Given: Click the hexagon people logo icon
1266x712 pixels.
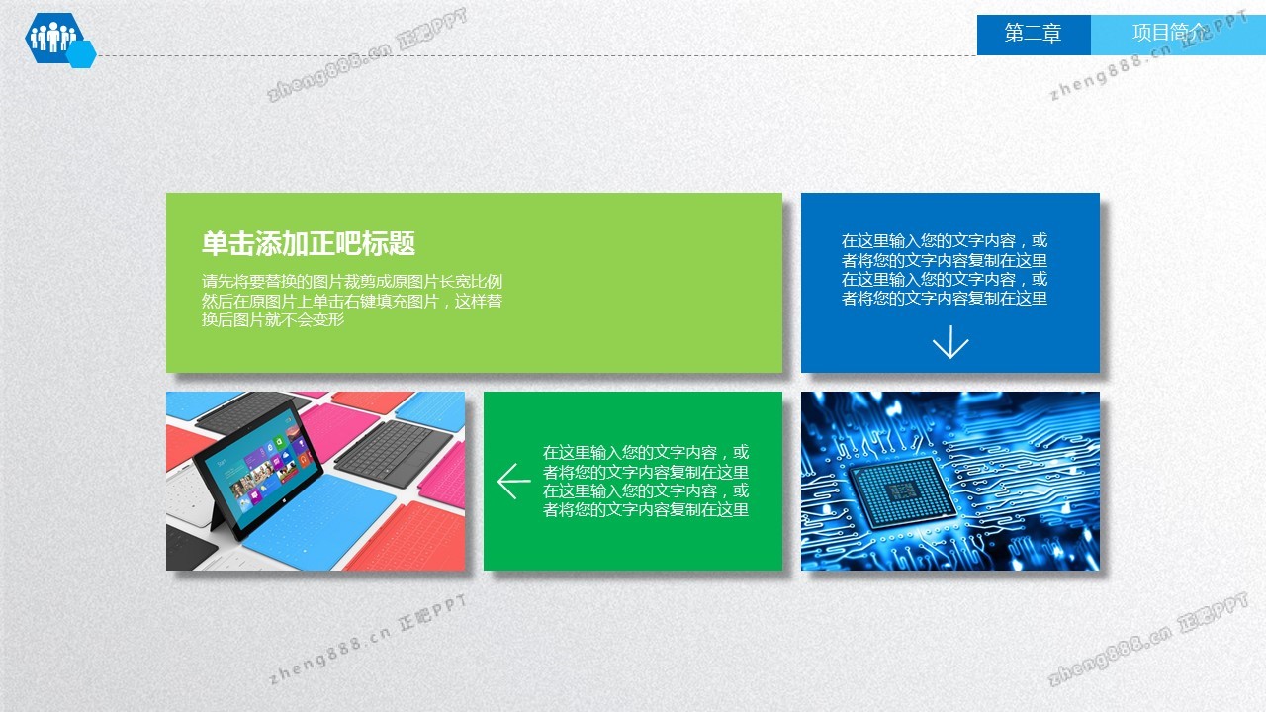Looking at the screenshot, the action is (54, 38).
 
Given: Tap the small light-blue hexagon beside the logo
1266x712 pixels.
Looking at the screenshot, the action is (82, 54).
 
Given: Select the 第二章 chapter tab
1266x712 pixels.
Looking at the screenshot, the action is (1034, 34).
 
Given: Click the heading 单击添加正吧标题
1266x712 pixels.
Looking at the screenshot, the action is (309, 243).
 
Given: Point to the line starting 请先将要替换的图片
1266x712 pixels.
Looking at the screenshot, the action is (351, 282).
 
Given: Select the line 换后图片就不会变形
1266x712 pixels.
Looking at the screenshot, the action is (273, 319).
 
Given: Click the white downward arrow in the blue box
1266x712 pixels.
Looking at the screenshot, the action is (950, 342).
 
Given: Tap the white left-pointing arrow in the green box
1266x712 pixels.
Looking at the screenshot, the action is (513, 482).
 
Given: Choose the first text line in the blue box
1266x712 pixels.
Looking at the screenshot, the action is (944, 241).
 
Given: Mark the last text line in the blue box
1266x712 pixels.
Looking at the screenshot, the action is (944, 299).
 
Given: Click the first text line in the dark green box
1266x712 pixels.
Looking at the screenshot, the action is (646, 453).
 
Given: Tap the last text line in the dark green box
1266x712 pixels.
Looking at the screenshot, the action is (646, 509).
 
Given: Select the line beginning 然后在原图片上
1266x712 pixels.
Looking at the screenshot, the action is (351, 301).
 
